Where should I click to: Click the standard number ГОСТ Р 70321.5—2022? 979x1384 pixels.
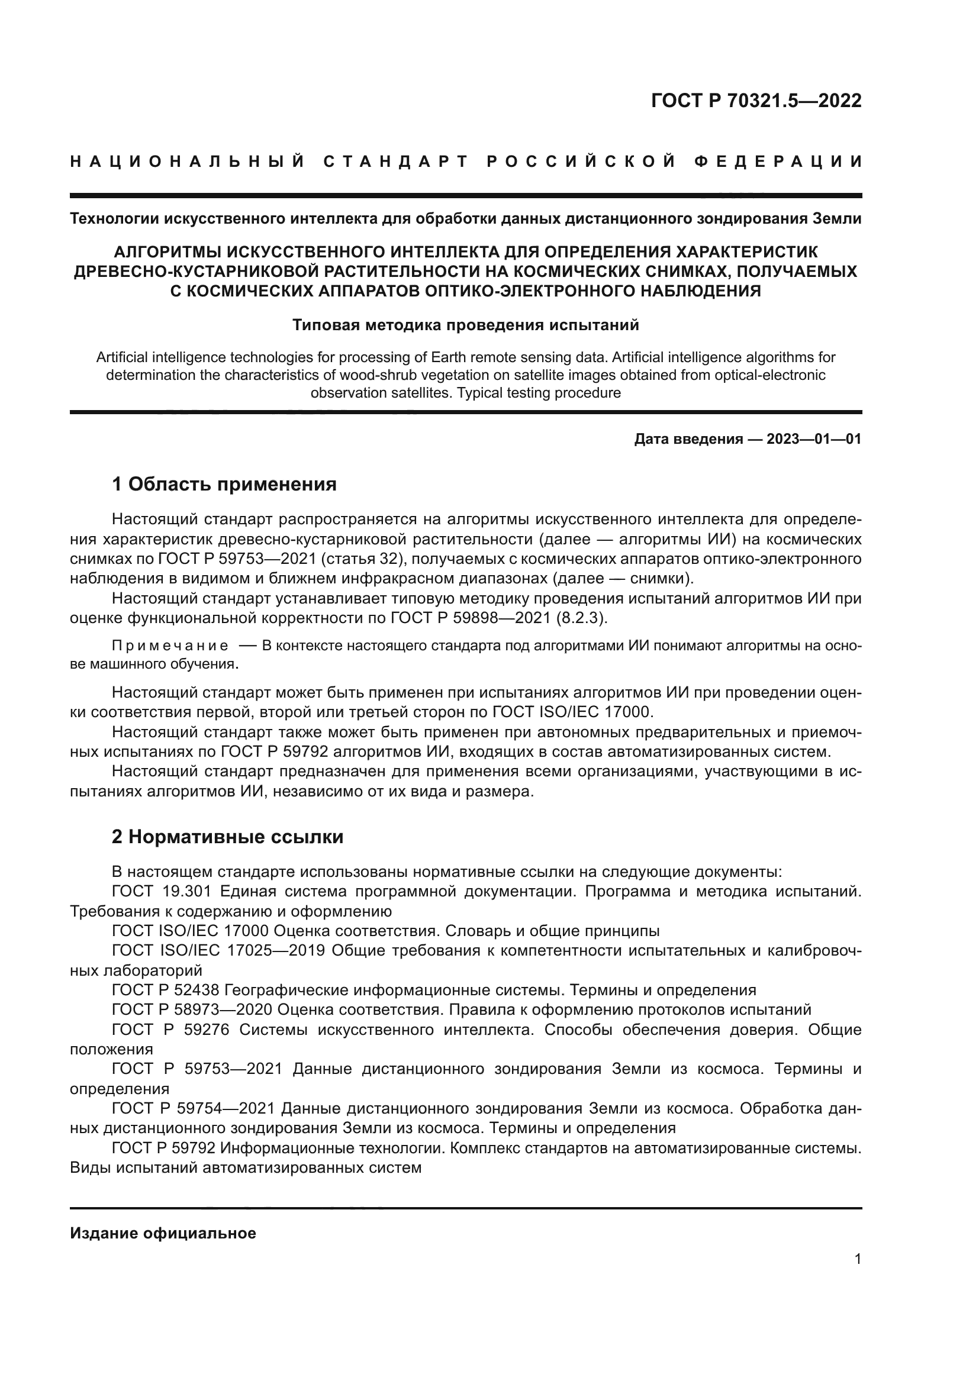pyautogui.click(x=756, y=101)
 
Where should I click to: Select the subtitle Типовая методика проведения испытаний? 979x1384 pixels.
pyautogui.click(x=465, y=325)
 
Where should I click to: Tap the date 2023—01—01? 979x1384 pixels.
pyautogui.click(x=813, y=440)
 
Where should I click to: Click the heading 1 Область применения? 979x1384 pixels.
pyautogui.click(x=224, y=484)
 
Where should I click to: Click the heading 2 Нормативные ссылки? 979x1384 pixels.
pyautogui.click(x=227, y=837)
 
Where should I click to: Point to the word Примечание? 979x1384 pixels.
pyautogui.click(x=170, y=646)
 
